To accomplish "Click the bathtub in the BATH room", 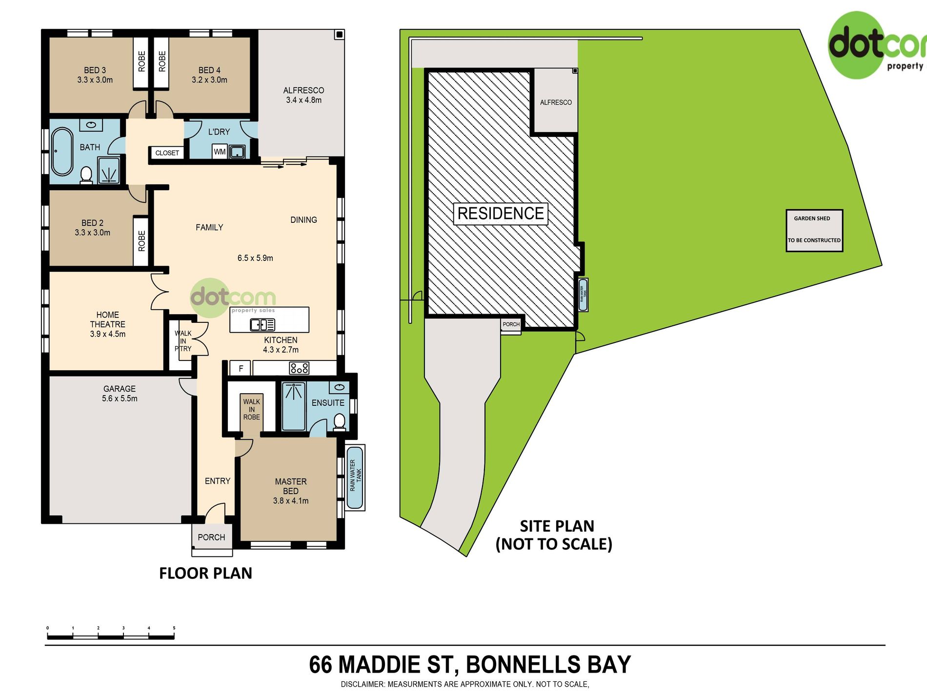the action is click(62, 152).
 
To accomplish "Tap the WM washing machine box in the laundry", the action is click(220, 152).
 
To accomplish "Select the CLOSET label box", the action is click(167, 153).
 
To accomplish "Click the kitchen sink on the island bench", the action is click(262, 324).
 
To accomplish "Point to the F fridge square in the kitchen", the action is click(241, 368).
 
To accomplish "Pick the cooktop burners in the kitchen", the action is click(299, 368).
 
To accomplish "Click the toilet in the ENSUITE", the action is click(340, 422).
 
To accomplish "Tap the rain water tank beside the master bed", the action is click(355, 477).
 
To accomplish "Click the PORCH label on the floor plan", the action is click(211, 537).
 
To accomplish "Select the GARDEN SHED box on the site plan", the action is click(814, 231).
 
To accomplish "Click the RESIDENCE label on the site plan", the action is click(501, 214).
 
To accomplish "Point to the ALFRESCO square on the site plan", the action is click(556, 101).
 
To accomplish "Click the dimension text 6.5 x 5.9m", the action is click(255, 258).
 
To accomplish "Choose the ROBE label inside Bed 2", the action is click(141, 241).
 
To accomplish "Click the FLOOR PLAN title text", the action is click(205, 573).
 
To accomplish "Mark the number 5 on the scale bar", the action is click(174, 628).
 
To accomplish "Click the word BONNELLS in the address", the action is click(524, 665).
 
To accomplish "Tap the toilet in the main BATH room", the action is click(86, 175).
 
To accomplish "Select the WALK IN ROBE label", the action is click(252, 410).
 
